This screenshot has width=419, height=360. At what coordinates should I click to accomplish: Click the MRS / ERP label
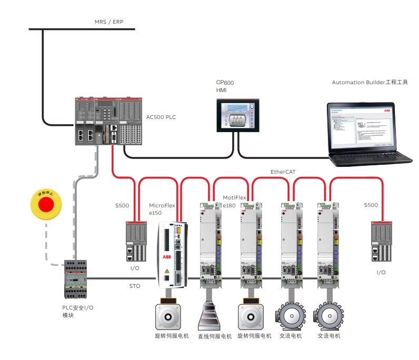click(108, 23)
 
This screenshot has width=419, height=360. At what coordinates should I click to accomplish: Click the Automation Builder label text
click(370, 82)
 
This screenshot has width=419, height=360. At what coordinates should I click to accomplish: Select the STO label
click(135, 287)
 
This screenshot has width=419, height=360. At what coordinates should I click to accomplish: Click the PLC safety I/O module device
click(74, 279)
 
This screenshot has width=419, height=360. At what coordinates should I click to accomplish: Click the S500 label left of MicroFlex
click(122, 205)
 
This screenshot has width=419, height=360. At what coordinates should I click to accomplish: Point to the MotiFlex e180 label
click(235, 201)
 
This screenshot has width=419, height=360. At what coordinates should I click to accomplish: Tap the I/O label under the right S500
click(381, 272)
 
